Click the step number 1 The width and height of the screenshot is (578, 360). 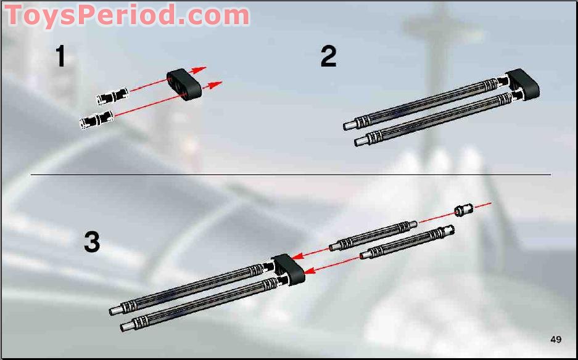[61, 55]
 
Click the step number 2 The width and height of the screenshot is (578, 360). [328, 55]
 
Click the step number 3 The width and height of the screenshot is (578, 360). [92, 242]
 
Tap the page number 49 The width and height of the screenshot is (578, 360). [556, 339]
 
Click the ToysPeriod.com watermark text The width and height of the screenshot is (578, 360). [127, 15]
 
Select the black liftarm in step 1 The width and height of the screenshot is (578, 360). [184, 84]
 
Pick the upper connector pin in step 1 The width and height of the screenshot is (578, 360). [113, 96]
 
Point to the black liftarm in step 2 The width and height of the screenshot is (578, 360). [522, 84]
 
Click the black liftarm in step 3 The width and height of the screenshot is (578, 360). [288, 270]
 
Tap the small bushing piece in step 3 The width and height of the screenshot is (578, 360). [464, 210]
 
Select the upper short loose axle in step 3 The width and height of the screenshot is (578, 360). [373, 236]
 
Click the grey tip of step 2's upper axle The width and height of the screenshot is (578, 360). [350, 125]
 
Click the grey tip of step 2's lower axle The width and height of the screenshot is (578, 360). [361, 141]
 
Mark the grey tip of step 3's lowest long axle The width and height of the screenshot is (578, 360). [127, 326]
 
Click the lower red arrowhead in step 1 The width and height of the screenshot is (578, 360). [215, 84]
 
